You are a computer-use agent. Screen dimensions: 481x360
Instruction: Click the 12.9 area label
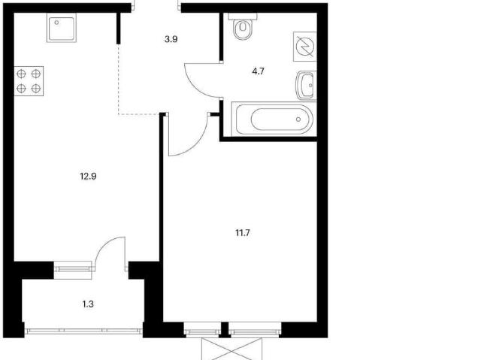[x=89, y=177]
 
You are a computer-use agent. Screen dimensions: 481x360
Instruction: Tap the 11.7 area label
[x=243, y=233]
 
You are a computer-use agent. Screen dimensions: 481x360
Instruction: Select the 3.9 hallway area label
[x=171, y=39]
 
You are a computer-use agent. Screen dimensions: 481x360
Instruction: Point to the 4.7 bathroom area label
[x=258, y=71]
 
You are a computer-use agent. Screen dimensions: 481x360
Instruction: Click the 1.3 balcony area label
[x=88, y=304]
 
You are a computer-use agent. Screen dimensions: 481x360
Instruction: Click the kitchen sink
[x=62, y=28]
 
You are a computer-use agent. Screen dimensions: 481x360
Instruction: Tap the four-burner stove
[x=29, y=81]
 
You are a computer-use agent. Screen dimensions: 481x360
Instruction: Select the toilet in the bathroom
[x=243, y=26]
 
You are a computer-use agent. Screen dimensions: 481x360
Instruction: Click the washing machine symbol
[x=305, y=47]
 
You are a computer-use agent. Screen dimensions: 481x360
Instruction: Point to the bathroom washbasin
[x=306, y=86]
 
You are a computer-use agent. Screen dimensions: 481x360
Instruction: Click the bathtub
[x=274, y=119]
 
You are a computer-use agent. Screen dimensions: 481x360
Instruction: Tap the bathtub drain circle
[x=298, y=119]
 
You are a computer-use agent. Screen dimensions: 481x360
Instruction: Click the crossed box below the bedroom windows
[x=232, y=349]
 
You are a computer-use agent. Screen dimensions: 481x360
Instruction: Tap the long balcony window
[x=83, y=331]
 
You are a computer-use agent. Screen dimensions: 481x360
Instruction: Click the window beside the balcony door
[x=73, y=269]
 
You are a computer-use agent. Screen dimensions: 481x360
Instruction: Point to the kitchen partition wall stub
[x=119, y=29]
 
